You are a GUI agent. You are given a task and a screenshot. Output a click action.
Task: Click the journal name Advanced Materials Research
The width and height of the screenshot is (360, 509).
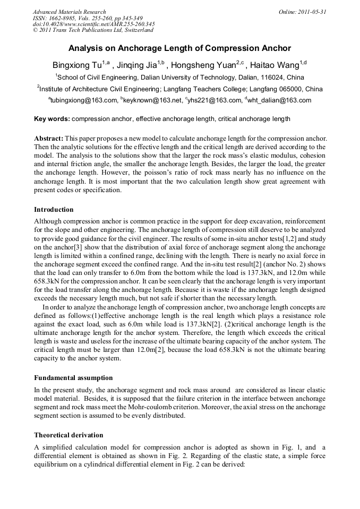(x=69, y=12)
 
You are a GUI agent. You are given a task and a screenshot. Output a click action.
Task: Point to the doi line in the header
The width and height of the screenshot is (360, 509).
(x=93, y=24)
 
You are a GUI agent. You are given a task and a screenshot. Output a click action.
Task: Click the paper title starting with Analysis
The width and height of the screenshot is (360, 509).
(x=179, y=49)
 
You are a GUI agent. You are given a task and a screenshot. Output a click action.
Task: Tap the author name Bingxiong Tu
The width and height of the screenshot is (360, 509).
(x=76, y=65)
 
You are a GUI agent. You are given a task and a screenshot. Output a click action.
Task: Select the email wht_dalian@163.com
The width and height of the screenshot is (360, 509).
(x=279, y=100)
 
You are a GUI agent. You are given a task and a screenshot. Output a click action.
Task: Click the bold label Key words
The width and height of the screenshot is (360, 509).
(x=52, y=118)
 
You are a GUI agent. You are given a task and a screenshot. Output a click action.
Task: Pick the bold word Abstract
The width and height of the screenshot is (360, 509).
(x=49, y=138)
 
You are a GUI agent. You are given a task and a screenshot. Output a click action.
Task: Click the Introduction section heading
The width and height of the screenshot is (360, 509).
(x=54, y=210)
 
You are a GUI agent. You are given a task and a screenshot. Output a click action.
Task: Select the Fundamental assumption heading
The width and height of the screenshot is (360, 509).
(x=73, y=378)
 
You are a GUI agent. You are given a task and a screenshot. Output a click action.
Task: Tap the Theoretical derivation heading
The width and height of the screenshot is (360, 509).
(x=68, y=435)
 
